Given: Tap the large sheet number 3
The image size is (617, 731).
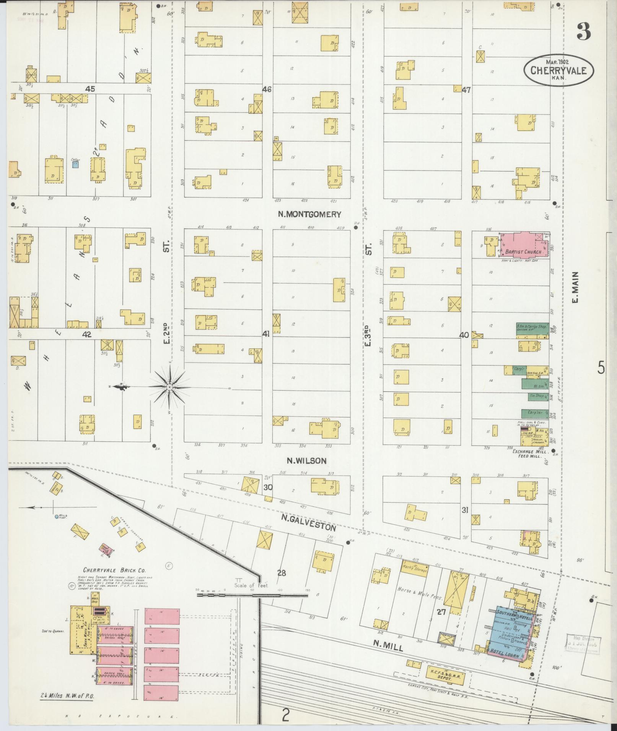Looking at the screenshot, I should coord(584,31).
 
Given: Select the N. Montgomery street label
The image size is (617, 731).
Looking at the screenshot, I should coord(309,214).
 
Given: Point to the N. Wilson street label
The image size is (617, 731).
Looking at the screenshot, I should coord(307,461).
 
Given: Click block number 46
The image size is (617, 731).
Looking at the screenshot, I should coord(267,89).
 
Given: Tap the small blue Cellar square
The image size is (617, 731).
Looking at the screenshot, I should coord(75,165).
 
